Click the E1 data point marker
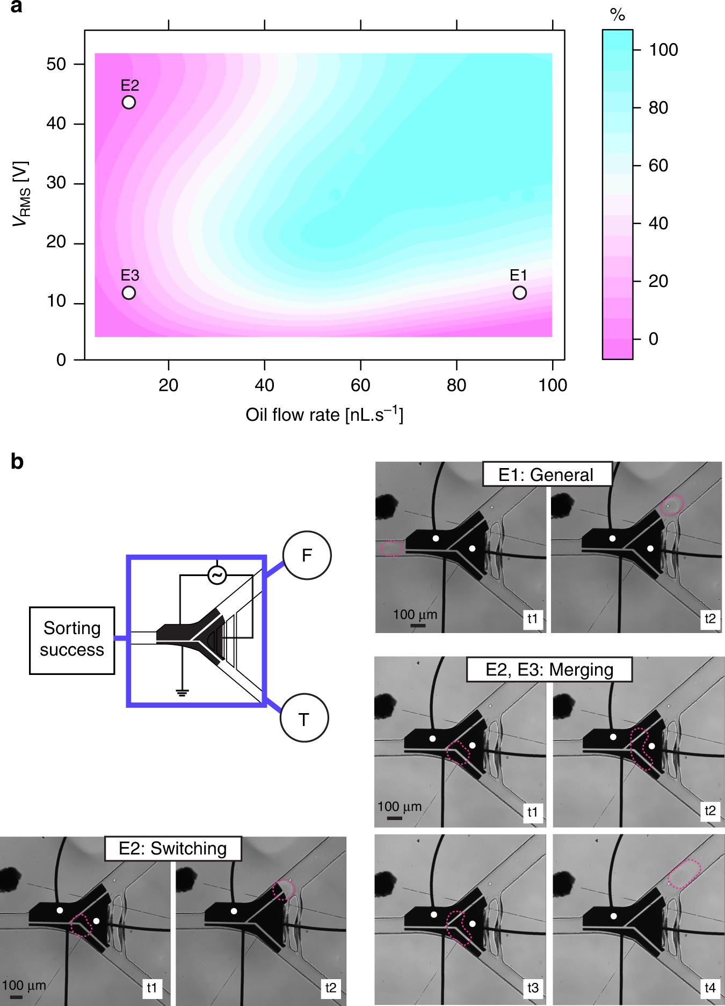(x=519, y=293)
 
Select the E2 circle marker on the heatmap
(x=129, y=102)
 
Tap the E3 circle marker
(x=129, y=293)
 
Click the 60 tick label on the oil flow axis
(x=360, y=385)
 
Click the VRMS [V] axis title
(x=21, y=193)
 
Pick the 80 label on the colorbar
(x=658, y=108)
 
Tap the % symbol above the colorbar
(x=618, y=15)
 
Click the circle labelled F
(x=307, y=555)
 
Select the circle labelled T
(x=304, y=718)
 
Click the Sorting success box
(x=72, y=639)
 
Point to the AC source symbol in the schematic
(x=217, y=576)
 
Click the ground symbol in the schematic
(x=182, y=692)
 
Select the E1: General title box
(x=547, y=475)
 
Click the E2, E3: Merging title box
(x=549, y=670)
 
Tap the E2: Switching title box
(x=173, y=849)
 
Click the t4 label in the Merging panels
(x=710, y=988)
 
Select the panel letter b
(x=17, y=462)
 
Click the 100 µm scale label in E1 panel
(x=415, y=615)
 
